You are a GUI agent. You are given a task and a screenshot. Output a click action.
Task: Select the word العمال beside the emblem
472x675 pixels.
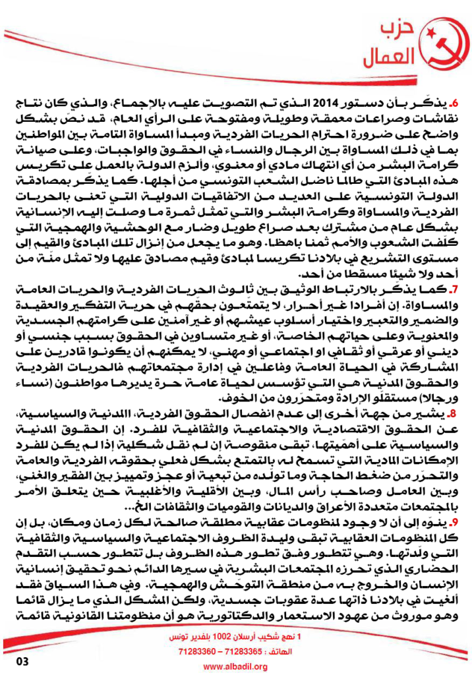[389, 60]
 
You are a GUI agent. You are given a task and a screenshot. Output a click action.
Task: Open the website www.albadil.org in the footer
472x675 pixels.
[235, 666]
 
